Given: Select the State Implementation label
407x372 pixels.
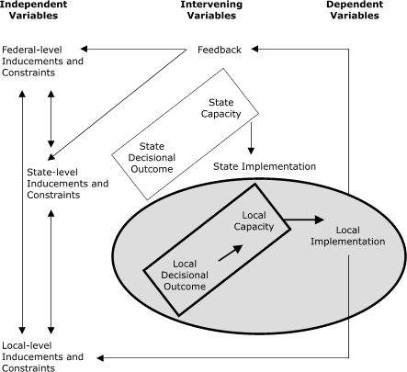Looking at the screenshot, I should click(264, 166).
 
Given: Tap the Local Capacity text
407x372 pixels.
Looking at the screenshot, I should click(239, 220).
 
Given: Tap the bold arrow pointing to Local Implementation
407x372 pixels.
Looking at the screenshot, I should click(303, 220).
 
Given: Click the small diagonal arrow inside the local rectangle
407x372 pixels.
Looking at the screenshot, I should click(232, 250).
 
